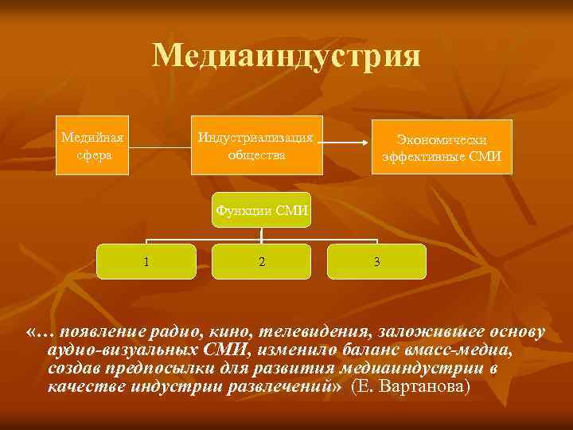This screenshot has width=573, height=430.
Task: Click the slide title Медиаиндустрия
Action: (286, 56)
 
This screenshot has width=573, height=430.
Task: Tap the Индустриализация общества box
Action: (257, 144)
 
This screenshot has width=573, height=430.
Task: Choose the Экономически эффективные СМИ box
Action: (442, 147)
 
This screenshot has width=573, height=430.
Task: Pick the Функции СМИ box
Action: (262, 210)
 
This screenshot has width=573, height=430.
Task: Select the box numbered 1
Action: (146, 261)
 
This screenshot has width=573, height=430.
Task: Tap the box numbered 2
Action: (262, 261)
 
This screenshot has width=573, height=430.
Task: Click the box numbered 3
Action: (376, 261)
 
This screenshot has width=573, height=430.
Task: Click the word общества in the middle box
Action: (257, 154)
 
